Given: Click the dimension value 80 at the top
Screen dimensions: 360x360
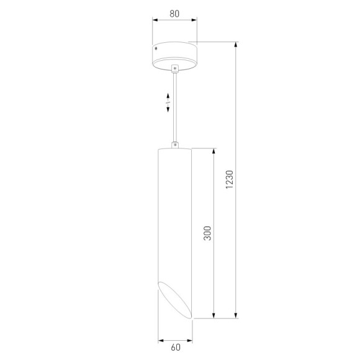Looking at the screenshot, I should pyautogui.click(x=174, y=12).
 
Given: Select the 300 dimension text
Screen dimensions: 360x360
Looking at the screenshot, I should pyautogui.click(x=208, y=233).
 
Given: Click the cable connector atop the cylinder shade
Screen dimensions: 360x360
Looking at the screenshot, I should pyautogui.click(x=175, y=145).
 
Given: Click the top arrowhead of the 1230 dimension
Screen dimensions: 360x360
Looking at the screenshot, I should pyautogui.click(x=236, y=45).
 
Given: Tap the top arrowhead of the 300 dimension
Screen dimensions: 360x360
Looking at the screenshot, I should pyautogui.click(x=214, y=151).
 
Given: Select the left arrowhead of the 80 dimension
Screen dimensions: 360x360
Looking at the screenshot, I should pyautogui.click(x=155, y=19).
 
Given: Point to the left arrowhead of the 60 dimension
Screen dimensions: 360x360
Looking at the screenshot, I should pyautogui.click(x=160, y=340).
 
